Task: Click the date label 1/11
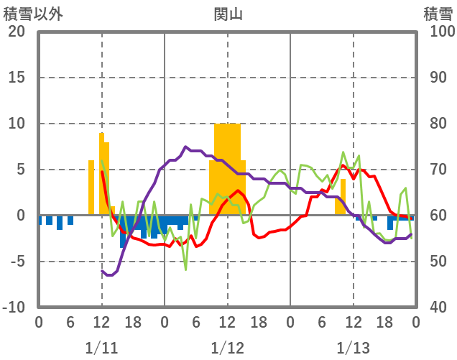coord(101,348)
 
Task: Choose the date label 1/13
coord(353,348)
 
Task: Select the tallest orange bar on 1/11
coord(102,172)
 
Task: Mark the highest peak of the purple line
coord(185,147)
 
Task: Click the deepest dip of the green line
coord(185,269)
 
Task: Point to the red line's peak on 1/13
coord(343,165)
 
